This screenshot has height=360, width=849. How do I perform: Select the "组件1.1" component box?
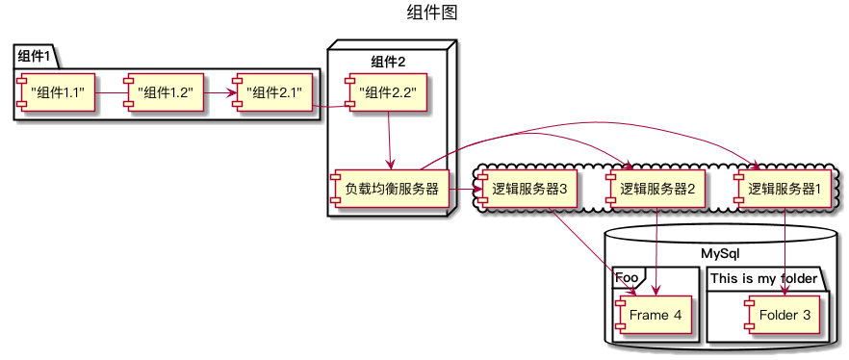point(57,93)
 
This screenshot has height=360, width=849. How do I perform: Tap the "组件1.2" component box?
point(165,93)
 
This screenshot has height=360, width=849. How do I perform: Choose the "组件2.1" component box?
point(272,93)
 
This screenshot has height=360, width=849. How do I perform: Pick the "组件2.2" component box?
point(387,93)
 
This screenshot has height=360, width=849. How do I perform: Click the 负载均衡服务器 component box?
point(390,189)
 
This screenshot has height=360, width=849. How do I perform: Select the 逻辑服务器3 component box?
point(527,189)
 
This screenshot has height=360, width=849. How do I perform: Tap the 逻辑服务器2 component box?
point(656,189)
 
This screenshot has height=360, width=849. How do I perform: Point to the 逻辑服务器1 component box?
point(785,189)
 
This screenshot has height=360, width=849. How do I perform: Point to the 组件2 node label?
point(388,62)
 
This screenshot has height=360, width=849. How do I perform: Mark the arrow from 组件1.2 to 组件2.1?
point(218,93)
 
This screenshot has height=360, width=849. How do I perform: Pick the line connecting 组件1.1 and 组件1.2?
point(111,93)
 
